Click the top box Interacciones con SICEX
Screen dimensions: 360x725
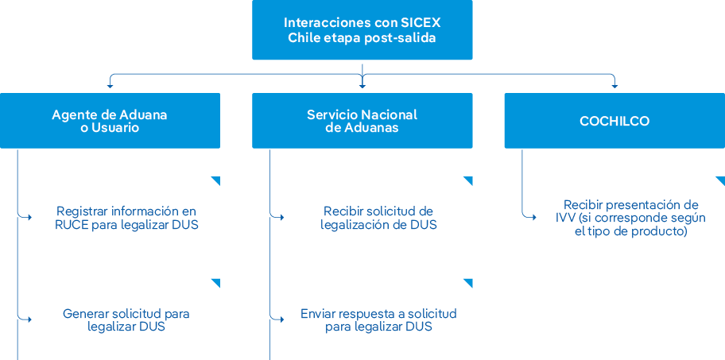click(x=362, y=30)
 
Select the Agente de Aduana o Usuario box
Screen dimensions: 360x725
click(x=110, y=121)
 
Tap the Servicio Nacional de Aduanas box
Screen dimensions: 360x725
click(x=362, y=121)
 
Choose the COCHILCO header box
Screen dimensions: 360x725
click(x=614, y=121)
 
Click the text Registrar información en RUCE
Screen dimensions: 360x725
click(x=126, y=218)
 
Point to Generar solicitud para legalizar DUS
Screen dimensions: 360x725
click(x=126, y=319)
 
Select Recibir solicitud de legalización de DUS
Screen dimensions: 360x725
click(x=378, y=218)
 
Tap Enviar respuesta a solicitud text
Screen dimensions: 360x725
click(x=378, y=319)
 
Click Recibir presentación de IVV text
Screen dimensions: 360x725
click(x=630, y=218)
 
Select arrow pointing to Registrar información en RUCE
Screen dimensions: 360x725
click(x=29, y=217)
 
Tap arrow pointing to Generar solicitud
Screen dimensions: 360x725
click(x=29, y=319)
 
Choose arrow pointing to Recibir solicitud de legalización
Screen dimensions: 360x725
click(x=281, y=217)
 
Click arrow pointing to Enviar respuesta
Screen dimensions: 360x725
click(x=281, y=319)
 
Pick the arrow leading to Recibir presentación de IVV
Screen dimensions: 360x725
click(x=533, y=215)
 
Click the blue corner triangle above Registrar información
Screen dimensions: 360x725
click(x=216, y=180)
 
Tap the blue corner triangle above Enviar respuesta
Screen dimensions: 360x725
click(x=469, y=282)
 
